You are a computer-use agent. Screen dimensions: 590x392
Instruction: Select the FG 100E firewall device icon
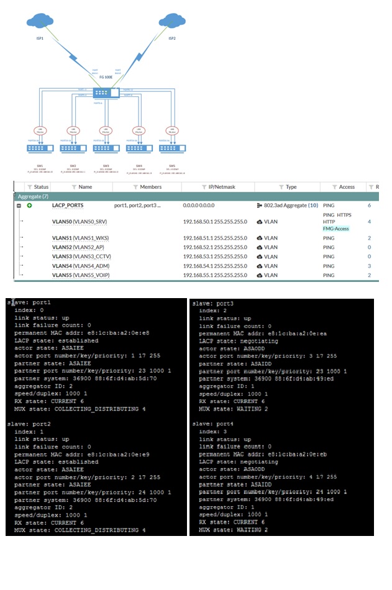point(108,92)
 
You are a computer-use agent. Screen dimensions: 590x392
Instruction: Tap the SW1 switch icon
point(41,148)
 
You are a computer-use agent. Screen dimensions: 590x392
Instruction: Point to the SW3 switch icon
point(106,148)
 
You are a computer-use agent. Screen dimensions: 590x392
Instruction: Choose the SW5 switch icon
point(171,148)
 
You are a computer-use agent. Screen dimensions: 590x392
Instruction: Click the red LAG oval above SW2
point(73,130)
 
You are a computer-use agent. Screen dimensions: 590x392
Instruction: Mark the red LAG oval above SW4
point(139,130)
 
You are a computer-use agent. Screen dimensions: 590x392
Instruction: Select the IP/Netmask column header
point(218,187)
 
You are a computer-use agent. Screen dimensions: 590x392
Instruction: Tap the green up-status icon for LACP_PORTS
point(29,205)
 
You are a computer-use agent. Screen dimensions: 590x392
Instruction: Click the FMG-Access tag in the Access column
point(336,229)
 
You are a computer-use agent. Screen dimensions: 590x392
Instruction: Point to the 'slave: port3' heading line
point(212,303)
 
